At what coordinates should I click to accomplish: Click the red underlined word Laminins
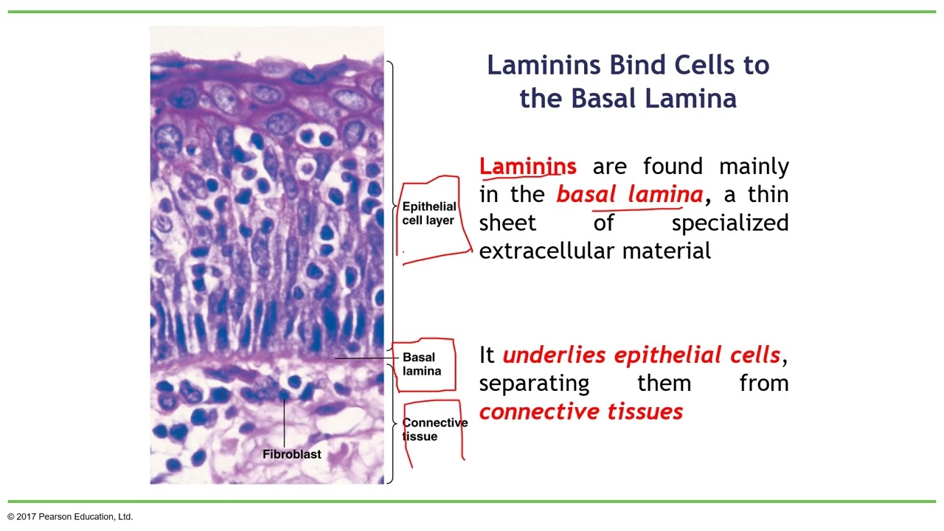pos(527,166)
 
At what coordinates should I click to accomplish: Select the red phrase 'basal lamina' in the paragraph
pos(630,194)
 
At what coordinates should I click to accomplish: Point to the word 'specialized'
pos(729,223)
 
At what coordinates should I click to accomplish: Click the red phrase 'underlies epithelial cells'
pos(641,355)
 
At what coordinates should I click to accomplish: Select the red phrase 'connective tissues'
pos(580,412)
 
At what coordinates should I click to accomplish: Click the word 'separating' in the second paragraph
pos(534,383)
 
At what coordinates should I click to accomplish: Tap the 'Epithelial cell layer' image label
pos(428,213)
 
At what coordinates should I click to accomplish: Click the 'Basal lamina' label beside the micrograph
pos(421,364)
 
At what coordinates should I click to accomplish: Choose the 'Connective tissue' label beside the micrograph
pos(434,429)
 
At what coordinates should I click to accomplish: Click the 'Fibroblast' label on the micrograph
pos(292,454)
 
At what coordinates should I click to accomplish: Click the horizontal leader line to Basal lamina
pos(366,358)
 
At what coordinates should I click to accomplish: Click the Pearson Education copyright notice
pos(71,517)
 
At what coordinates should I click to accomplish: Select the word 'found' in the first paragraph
pos(675,166)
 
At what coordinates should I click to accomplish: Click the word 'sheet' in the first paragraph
pos(507,223)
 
